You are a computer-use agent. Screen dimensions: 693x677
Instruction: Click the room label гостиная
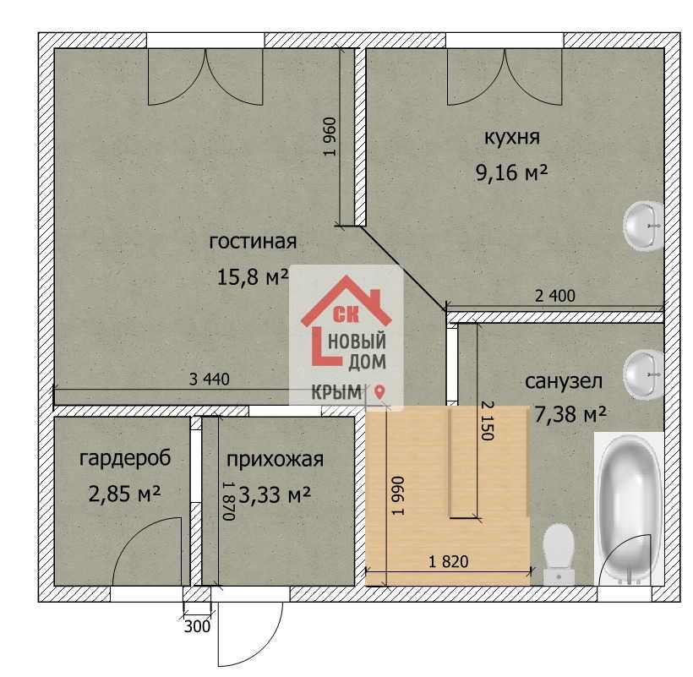[x=253, y=243]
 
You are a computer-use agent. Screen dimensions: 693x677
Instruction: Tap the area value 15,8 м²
[x=253, y=277]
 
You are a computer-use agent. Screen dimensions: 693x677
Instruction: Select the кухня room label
[x=512, y=137]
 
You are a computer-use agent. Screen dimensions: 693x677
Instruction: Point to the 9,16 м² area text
[x=512, y=172]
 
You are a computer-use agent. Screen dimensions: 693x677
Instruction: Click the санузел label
[x=564, y=381]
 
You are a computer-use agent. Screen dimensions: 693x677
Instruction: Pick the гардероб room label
[x=125, y=458]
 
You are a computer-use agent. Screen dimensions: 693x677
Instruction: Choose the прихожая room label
[x=275, y=460]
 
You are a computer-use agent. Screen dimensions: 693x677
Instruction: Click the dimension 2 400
[x=555, y=296]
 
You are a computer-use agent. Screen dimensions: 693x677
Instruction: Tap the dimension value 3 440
[x=209, y=379]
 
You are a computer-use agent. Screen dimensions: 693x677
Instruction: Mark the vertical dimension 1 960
[x=330, y=137]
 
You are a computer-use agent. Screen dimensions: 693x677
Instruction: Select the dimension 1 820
[x=448, y=562]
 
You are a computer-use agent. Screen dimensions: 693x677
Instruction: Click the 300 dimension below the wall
[x=197, y=626]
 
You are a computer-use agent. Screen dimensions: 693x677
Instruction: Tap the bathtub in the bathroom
[x=628, y=508]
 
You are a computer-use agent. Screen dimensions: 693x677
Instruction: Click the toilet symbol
[x=559, y=554]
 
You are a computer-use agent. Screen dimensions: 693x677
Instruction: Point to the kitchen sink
[x=643, y=226]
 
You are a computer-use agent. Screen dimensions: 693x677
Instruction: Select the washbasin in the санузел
[x=643, y=374]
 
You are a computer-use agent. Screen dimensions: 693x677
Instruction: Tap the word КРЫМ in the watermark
[x=336, y=392]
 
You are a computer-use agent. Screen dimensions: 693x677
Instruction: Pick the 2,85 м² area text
[x=124, y=493]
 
